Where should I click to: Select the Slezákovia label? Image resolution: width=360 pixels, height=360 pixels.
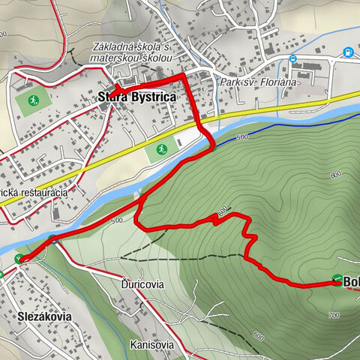click(x=44, y=316)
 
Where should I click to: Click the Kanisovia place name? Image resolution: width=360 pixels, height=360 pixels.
click(x=151, y=345)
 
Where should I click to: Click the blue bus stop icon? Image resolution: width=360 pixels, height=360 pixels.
click(x=293, y=58)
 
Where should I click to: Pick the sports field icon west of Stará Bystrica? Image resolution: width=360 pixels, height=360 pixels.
click(x=33, y=100)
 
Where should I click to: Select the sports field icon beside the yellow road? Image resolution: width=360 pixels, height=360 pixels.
click(x=160, y=149)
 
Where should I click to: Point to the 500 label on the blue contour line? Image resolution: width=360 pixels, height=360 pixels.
click(x=241, y=138)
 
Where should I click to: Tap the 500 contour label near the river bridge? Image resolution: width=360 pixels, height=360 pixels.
click(x=115, y=220)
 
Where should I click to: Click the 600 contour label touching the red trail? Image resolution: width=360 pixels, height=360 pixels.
click(x=221, y=211)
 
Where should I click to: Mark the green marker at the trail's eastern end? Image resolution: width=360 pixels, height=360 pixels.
click(x=337, y=280)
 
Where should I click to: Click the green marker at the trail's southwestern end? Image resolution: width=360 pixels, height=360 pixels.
click(x=19, y=259)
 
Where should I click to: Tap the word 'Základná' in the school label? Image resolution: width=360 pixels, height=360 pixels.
click(x=109, y=49)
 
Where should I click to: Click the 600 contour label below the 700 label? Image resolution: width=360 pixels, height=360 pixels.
click(x=258, y=335)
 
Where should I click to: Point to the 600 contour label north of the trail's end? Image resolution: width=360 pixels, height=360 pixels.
click(x=334, y=175)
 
